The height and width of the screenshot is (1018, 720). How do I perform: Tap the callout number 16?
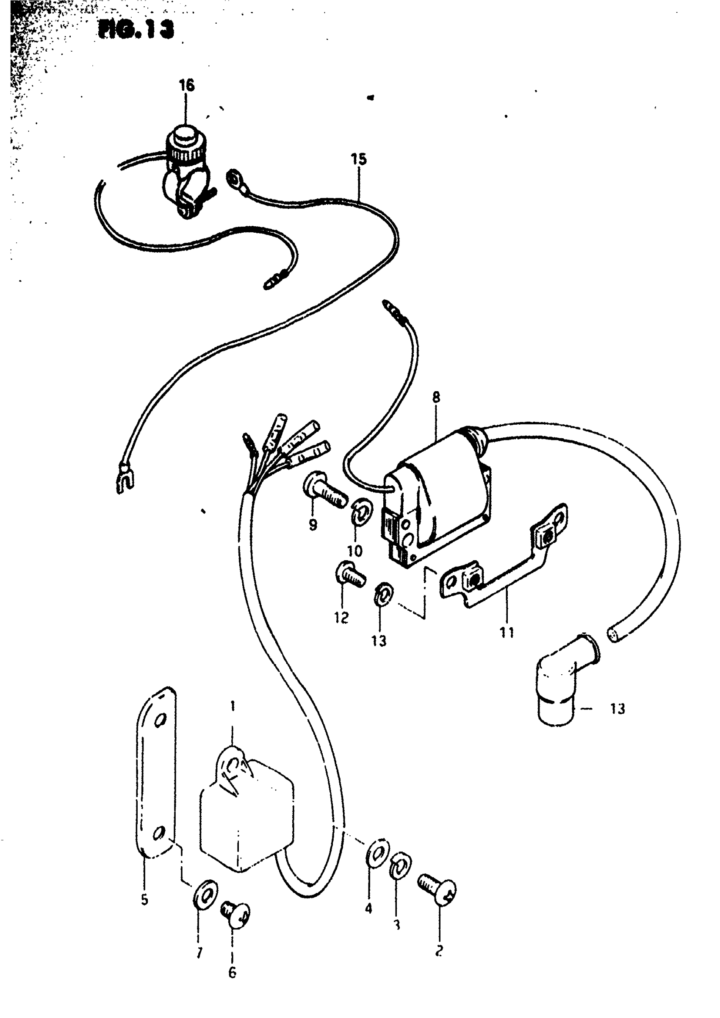tap(187, 85)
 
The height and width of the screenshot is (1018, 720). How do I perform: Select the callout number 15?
tap(359, 159)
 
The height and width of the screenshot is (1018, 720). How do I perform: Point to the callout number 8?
tap(436, 397)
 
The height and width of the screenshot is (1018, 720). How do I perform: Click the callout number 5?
tap(144, 900)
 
